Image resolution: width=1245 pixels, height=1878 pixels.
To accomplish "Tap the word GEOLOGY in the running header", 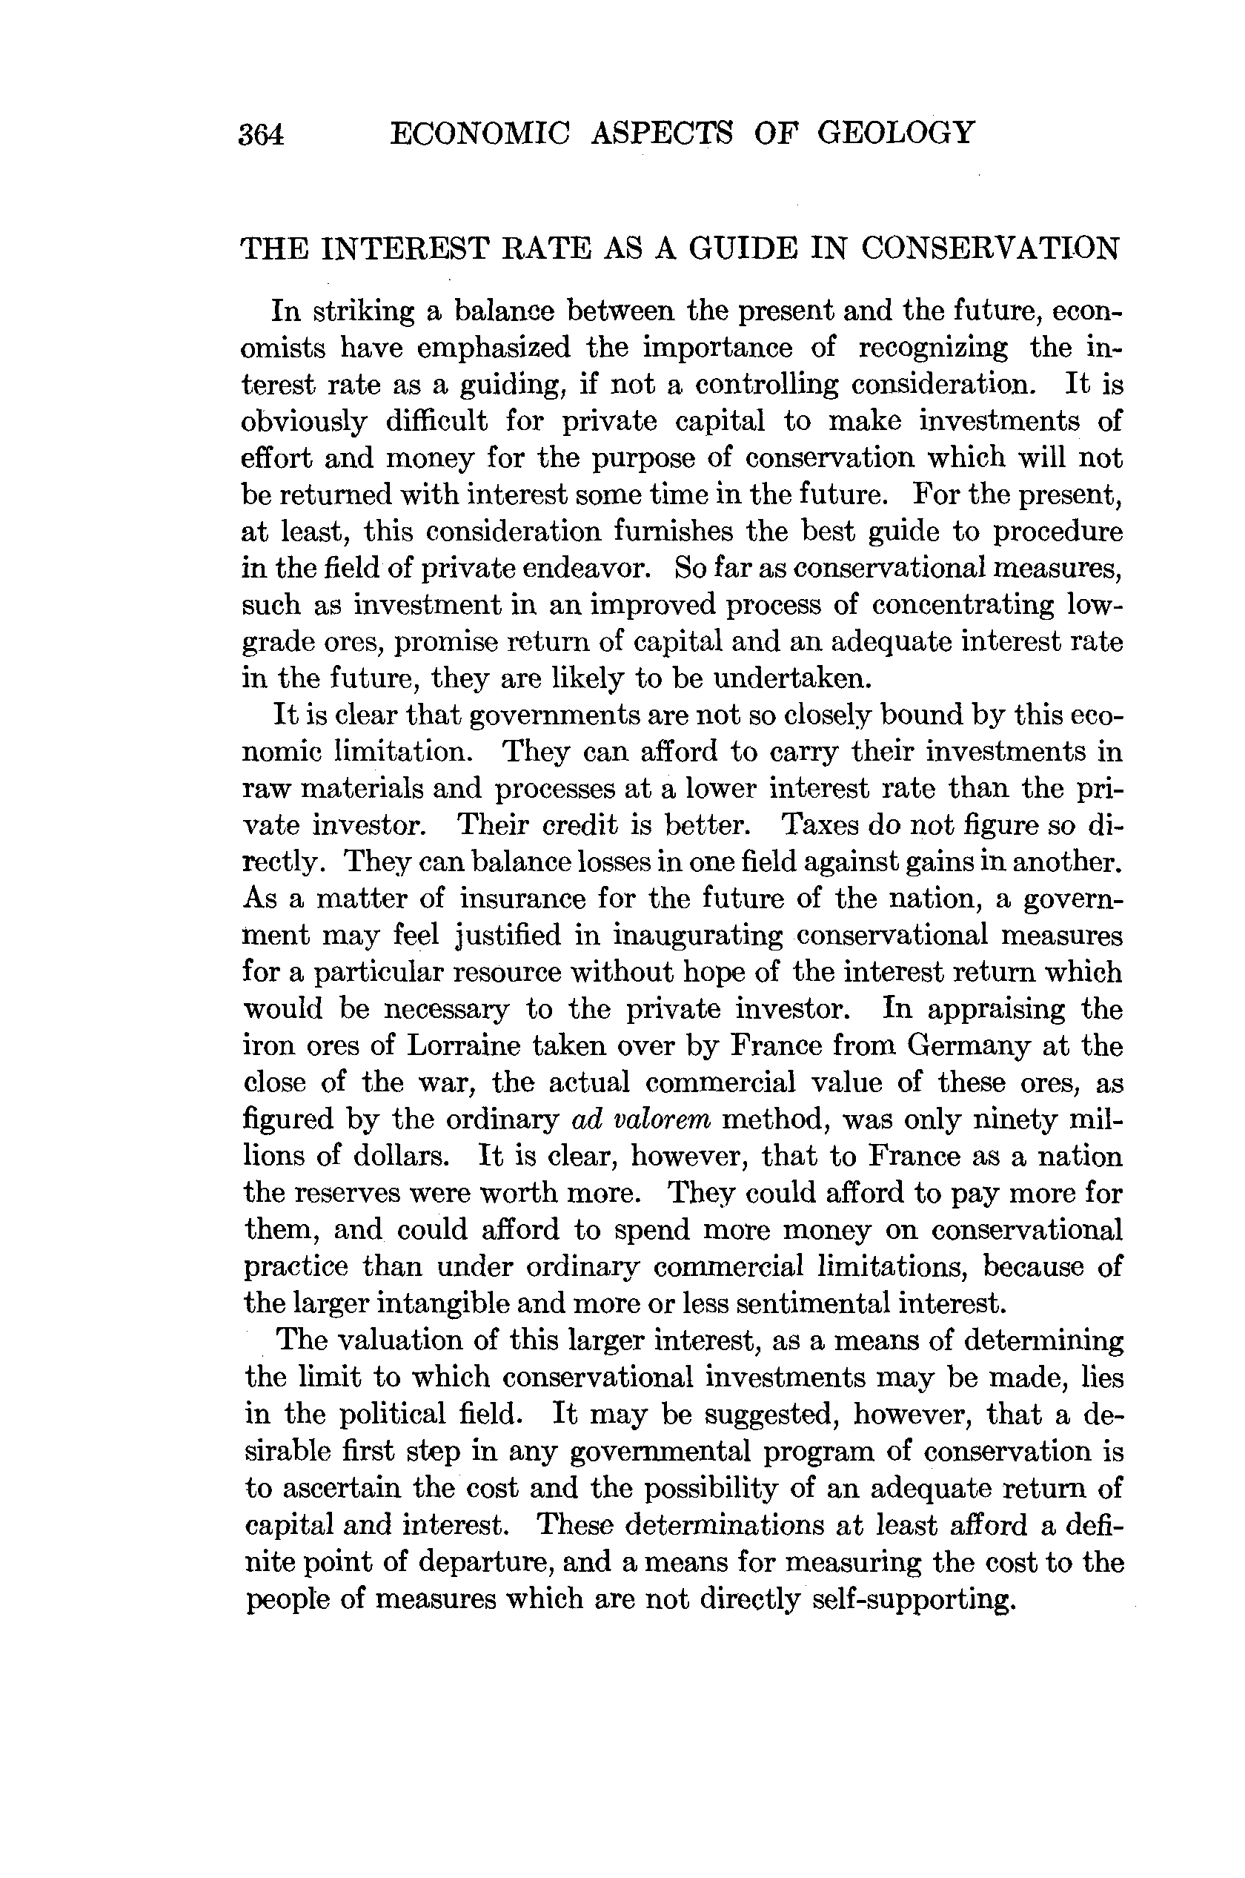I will pyautogui.click(x=895, y=132).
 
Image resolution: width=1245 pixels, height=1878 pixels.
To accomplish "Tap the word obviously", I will pyautogui.click(x=304, y=422).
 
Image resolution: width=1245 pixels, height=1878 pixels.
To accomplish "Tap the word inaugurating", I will pyautogui.click(x=698, y=936).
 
